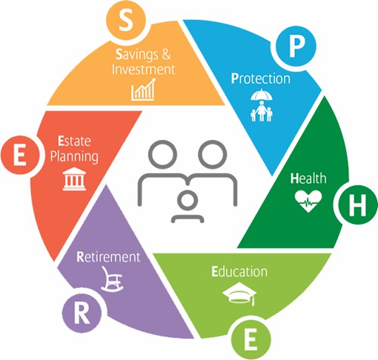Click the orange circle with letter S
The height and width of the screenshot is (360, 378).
[125, 20]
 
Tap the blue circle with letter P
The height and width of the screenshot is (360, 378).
[296, 46]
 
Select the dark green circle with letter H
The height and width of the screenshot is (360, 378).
[358, 204]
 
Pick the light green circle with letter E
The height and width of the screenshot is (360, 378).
[251, 340]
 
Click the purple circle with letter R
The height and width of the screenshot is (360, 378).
[82, 313]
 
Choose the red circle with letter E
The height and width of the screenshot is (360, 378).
[20, 155]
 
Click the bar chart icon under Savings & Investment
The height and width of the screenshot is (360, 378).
[144, 89]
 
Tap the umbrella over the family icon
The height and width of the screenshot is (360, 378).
[262, 95]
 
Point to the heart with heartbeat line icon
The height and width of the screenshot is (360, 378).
[308, 201]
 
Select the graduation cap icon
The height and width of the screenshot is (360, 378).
[240, 294]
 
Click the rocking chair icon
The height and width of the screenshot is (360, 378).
[112, 279]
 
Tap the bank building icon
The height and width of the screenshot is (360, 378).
[74, 179]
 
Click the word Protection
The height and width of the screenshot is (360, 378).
[261, 79]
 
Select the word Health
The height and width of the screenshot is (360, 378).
[308, 178]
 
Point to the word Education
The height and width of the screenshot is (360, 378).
[240, 272]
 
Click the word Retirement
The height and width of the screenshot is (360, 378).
[108, 257]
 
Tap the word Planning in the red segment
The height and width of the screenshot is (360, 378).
[74, 157]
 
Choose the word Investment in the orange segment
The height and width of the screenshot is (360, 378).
[144, 69]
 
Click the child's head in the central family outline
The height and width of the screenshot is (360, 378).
[187, 200]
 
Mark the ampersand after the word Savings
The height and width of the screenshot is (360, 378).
[166, 54]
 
